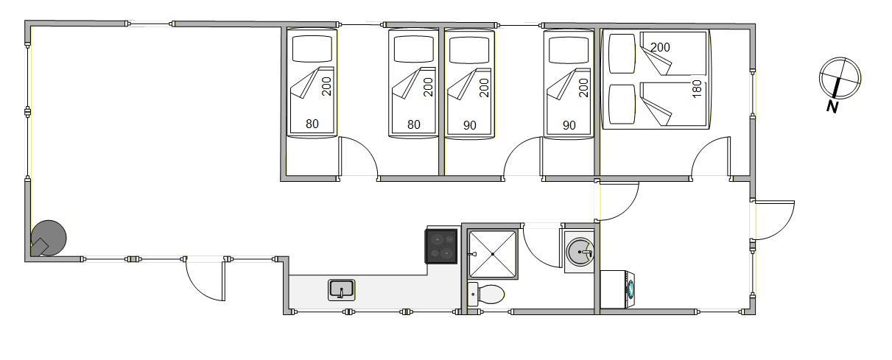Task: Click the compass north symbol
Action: pyautogui.click(x=840, y=77)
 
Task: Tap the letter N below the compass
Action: pyautogui.click(x=832, y=107)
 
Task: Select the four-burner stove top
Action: pyautogui.click(x=441, y=246)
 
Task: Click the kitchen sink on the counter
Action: pyautogui.click(x=341, y=289)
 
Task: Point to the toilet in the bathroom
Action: pyautogui.click(x=487, y=295)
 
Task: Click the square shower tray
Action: pyautogui.click(x=493, y=254)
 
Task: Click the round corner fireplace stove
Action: pyautogui.click(x=48, y=239)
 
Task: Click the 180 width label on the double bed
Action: pyautogui.click(x=697, y=90)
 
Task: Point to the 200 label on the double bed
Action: pyautogui.click(x=661, y=47)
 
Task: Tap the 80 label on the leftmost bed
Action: pyautogui.click(x=312, y=124)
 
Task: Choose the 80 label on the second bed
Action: pyautogui.click(x=413, y=124)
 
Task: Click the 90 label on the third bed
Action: pyautogui.click(x=470, y=124)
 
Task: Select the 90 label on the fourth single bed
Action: pyautogui.click(x=569, y=125)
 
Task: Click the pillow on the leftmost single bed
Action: pyautogui.click(x=312, y=49)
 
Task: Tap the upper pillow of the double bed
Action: pyautogui.click(x=622, y=53)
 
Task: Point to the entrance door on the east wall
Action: pyautogui.click(x=773, y=219)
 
